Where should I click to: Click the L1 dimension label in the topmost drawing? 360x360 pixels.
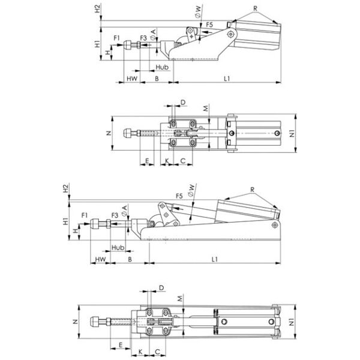pyautogui.click(x=227, y=79)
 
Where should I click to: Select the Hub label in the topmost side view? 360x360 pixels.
pyautogui.click(x=162, y=67)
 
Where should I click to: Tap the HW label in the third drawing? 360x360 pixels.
pyautogui.click(x=101, y=259)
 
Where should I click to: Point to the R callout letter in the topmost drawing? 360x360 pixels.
pyautogui.click(x=256, y=8)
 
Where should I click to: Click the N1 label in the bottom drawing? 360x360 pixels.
pyautogui.click(x=292, y=323)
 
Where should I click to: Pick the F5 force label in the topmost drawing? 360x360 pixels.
pyautogui.click(x=209, y=25)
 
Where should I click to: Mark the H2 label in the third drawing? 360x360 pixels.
pyautogui.click(x=65, y=188)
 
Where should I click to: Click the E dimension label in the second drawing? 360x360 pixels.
pyautogui.click(x=147, y=161)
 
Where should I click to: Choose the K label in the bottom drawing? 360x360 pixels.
pyautogui.click(x=140, y=352)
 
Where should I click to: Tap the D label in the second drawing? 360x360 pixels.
pyautogui.click(x=183, y=103)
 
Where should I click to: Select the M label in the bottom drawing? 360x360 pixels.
pyautogui.click(x=180, y=298)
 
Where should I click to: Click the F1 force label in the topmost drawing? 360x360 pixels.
pyautogui.click(x=117, y=38)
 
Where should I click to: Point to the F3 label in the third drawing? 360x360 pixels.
pyautogui.click(x=115, y=215)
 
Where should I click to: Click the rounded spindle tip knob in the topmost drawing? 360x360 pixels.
pyautogui.click(x=128, y=45)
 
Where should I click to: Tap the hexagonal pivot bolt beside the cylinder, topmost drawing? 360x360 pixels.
pyautogui.click(x=230, y=34)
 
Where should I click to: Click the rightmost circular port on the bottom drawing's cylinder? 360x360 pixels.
pyautogui.click(x=271, y=322)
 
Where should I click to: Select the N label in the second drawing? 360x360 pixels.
pyautogui.click(x=109, y=133)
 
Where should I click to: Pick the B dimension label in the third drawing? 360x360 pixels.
pyautogui.click(x=130, y=259)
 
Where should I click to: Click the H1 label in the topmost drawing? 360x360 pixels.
pyautogui.click(x=98, y=44)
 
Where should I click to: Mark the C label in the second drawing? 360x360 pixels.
pyautogui.click(x=183, y=161)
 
